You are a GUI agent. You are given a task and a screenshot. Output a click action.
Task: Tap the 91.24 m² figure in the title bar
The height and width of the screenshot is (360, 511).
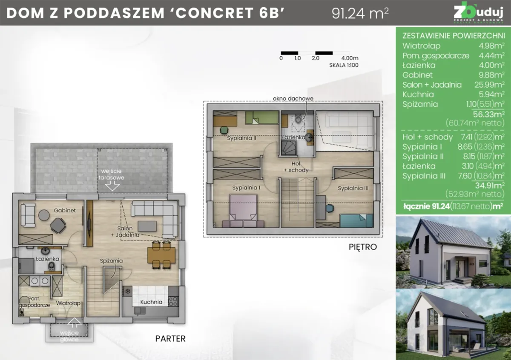[x=360, y=13]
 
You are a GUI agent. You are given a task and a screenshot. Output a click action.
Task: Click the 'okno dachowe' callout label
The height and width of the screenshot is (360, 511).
[x=293, y=99]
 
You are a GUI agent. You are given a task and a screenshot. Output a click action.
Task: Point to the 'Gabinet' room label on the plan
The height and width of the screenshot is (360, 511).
[x=65, y=210]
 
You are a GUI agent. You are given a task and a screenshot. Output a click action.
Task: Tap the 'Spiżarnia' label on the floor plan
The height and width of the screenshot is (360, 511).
[x=111, y=260]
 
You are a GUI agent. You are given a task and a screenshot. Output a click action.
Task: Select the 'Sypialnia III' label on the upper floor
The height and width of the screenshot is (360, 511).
[x=353, y=188]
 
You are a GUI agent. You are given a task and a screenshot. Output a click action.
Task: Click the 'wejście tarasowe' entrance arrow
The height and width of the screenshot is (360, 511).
[x=112, y=186]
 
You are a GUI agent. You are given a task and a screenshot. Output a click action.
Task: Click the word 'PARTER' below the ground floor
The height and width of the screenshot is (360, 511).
[x=170, y=339]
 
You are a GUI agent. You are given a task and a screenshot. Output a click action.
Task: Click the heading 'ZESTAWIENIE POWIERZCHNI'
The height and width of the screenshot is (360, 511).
[x=454, y=36]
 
